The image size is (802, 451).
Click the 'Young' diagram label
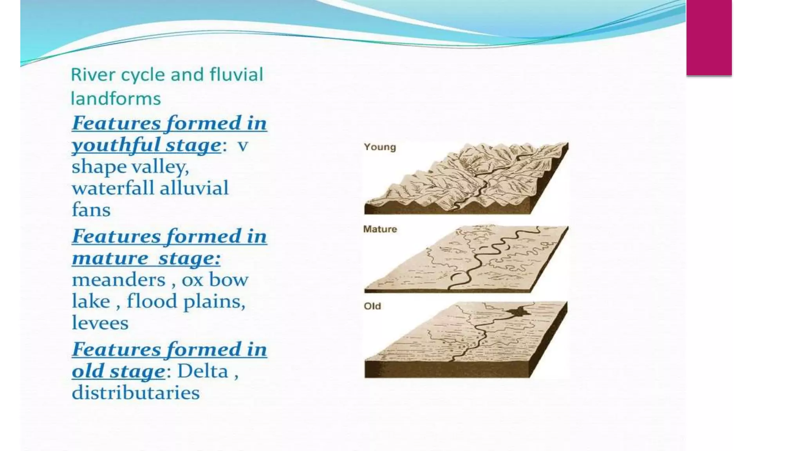(x=379, y=147)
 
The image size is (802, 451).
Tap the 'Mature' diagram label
(x=380, y=229)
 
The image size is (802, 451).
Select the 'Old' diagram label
(x=372, y=306)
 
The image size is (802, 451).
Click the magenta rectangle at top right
(x=709, y=37)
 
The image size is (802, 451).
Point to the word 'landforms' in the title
(x=116, y=99)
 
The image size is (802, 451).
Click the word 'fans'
(x=91, y=210)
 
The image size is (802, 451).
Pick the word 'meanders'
(x=119, y=280)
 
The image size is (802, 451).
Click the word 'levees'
(x=100, y=323)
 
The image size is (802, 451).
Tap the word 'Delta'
(x=202, y=371)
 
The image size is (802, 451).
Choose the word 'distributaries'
(x=135, y=393)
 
